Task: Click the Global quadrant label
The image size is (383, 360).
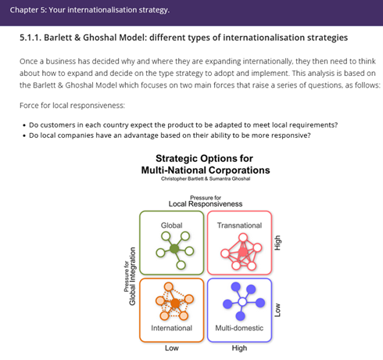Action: pyautogui.click(x=171, y=225)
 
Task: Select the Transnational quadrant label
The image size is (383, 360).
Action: pyautogui.click(x=239, y=225)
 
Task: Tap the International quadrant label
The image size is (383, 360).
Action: pyautogui.click(x=171, y=328)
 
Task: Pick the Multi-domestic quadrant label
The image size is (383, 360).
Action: pyautogui.click(x=239, y=328)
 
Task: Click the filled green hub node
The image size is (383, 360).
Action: pyautogui.click(x=174, y=249)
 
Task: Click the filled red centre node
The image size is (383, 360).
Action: pyautogui.click(x=243, y=252)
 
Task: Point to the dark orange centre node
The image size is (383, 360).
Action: pyautogui.click(x=175, y=304)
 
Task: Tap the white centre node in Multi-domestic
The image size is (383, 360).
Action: pyautogui.click(x=242, y=302)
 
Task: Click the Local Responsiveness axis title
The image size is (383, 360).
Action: pyautogui.click(x=206, y=203)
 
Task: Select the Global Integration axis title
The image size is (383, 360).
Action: pyautogui.click(x=132, y=276)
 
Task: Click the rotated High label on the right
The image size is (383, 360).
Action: pyautogui.click(x=277, y=243)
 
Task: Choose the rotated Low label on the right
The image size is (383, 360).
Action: pyautogui.click(x=277, y=310)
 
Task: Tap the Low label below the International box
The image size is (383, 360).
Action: pyautogui.click(x=172, y=348)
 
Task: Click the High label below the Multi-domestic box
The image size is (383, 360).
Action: pyautogui.click(x=239, y=348)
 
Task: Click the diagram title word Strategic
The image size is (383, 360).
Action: pyautogui.click(x=177, y=159)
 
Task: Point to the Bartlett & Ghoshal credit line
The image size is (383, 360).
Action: pyautogui.click(x=206, y=178)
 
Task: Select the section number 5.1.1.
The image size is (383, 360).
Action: pyautogui.click(x=30, y=38)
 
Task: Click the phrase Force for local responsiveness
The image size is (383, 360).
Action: pyautogui.click(x=72, y=106)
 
